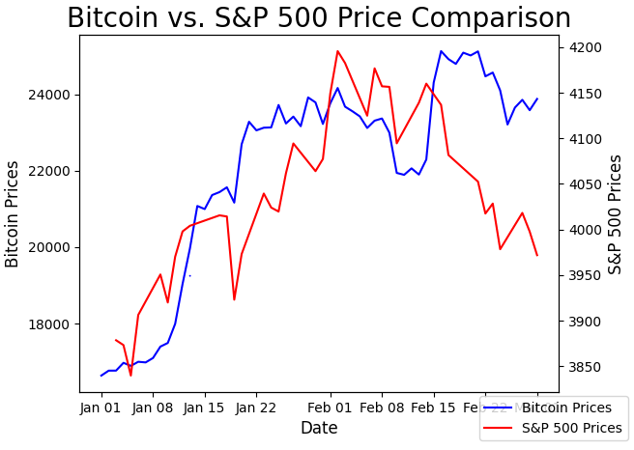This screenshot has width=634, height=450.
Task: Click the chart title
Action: pos(319,18)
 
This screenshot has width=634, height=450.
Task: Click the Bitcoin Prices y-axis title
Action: pos(13,214)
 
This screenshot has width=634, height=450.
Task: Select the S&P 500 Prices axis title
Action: pos(616,214)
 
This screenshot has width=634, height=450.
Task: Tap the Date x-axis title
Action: pos(319,428)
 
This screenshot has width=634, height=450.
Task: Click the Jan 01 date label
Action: pos(101,408)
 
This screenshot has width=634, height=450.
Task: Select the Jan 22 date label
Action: pos(256,408)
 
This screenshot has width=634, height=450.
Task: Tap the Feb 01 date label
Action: pos(330,408)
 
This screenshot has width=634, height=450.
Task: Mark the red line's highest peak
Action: pos(337,51)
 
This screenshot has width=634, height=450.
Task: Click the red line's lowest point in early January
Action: pos(130,375)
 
